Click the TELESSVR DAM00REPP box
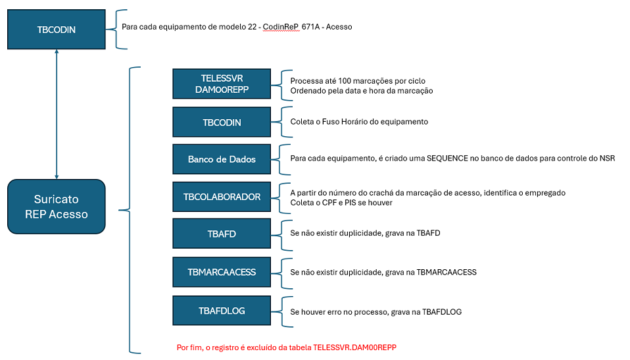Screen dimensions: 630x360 pyautogui.click(x=222, y=84)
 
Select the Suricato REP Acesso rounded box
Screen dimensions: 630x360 pyautogui.click(x=57, y=207)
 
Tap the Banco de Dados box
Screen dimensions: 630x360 pyautogui.click(x=222, y=159)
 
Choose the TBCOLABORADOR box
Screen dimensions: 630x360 pyautogui.click(x=222, y=197)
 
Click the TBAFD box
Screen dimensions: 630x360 pyautogui.click(x=222, y=234)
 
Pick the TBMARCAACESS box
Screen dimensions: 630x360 pyautogui.click(x=222, y=272)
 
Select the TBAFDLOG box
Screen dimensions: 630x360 pyautogui.click(x=222, y=311)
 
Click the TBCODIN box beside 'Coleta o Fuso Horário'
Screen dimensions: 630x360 pyautogui.click(x=222, y=122)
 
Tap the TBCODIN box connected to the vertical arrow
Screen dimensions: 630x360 pyautogui.click(x=57, y=30)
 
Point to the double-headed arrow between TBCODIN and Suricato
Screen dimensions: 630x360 pyautogui.click(x=57, y=115)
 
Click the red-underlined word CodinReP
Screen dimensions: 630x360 pyautogui.click(x=281, y=27)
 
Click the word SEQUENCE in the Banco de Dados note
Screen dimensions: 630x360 pyautogui.click(x=447, y=159)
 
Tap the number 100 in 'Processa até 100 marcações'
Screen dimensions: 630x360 pyautogui.click(x=345, y=81)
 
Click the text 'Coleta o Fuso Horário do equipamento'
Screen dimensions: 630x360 pyautogui.click(x=359, y=122)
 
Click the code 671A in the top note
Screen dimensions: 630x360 pyautogui.click(x=310, y=27)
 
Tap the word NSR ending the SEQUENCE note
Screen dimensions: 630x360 pyautogui.click(x=608, y=159)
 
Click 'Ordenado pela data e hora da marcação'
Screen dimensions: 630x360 pyautogui.click(x=362, y=91)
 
